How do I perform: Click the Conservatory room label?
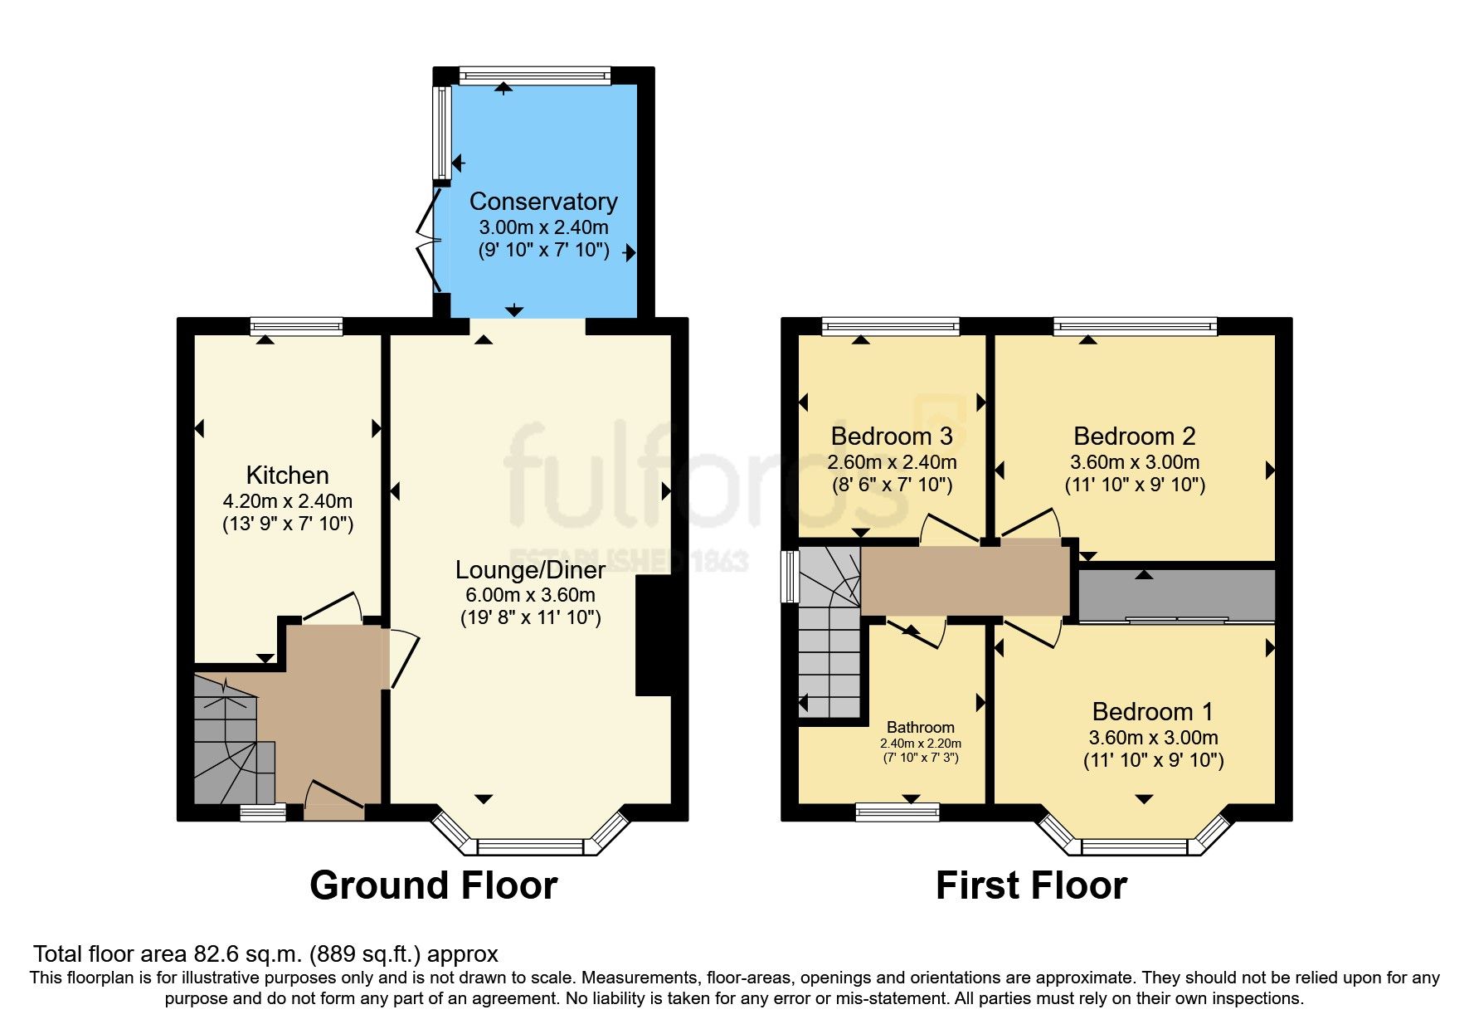tap(543, 202)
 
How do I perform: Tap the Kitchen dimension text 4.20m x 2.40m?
tap(287, 501)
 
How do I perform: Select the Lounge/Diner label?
tap(530, 569)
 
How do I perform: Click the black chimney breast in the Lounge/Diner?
tap(654, 636)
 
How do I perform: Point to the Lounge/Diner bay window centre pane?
tap(530, 846)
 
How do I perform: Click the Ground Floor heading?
tap(433, 885)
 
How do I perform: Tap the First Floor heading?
tap(1031, 885)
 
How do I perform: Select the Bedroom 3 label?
tap(892, 436)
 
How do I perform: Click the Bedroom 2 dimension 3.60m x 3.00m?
tap(1135, 462)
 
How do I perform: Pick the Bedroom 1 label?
tap(1152, 712)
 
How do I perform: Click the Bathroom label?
tap(921, 728)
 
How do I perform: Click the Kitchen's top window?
tap(297, 326)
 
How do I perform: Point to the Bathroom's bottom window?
tap(897, 811)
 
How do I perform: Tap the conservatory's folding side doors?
tap(429, 241)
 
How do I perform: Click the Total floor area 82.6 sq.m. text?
tap(265, 954)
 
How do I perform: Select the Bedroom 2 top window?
tap(1135, 326)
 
